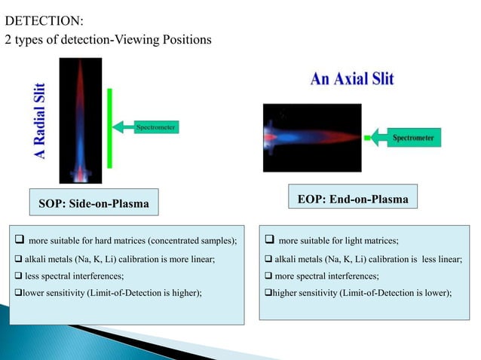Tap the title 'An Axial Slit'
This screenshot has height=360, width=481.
(351, 78)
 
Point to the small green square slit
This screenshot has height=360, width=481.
(368, 139)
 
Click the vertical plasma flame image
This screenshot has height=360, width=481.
(80, 121)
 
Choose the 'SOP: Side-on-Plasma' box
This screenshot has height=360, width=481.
(93, 203)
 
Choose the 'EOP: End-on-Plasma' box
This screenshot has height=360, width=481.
(353, 200)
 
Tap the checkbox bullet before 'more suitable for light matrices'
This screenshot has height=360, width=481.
(269, 241)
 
